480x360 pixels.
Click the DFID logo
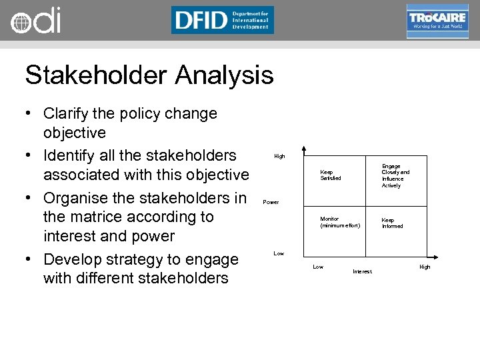click(x=222, y=20)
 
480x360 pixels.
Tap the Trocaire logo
click(x=437, y=21)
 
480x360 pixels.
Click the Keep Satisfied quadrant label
click(x=330, y=175)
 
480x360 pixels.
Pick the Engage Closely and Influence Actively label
click(x=395, y=176)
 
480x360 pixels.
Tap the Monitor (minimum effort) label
click(x=340, y=222)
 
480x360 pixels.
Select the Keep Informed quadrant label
click(x=392, y=223)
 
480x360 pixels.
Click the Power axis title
click(x=271, y=201)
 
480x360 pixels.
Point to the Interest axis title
click(x=362, y=271)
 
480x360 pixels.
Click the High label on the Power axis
click(x=279, y=156)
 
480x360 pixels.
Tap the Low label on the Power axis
click(x=279, y=253)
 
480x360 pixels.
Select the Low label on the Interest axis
click(x=318, y=267)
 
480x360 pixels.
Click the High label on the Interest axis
click(x=425, y=267)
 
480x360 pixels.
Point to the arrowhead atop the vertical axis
click(x=303, y=149)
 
